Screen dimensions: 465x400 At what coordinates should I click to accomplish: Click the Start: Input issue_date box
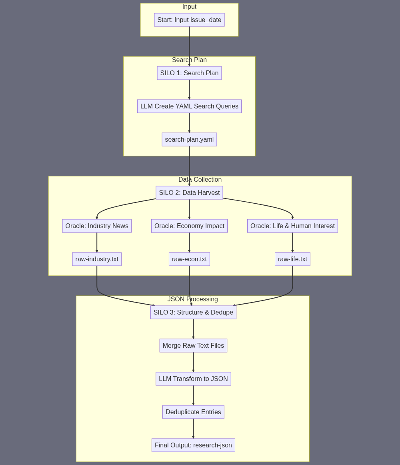click(x=189, y=20)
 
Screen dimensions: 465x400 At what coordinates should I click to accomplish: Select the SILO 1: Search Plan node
click(x=189, y=73)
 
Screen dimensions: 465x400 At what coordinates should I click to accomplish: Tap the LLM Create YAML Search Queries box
click(x=189, y=106)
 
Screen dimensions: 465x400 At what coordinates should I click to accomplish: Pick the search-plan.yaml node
click(x=189, y=139)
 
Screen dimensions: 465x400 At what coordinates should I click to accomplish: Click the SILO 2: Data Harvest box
click(x=189, y=192)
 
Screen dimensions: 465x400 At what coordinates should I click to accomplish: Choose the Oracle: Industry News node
click(x=97, y=226)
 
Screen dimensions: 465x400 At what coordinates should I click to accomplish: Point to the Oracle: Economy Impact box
click(x=189, y=226)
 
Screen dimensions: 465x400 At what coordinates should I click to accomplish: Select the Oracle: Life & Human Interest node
click(x=292, y=226)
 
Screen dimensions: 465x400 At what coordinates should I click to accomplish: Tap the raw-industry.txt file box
click(x=97, y=259)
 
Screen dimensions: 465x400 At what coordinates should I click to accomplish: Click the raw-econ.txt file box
click(x=189, y=259)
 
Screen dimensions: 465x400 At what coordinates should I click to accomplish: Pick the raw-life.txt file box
click(x=292, y=259)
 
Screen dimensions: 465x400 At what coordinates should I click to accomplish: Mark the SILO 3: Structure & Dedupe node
click(x=193, y=312)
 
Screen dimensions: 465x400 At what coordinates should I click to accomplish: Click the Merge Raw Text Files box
click(x=193, y=345)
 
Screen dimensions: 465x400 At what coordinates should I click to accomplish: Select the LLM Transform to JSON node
click(x=193, y=379)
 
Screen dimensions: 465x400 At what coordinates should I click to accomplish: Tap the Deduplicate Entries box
click(x=193, y=412)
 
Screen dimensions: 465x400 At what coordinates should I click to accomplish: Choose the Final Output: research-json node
click(x=193, y=445)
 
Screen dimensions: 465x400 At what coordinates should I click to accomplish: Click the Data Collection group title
click(x=200, y=180)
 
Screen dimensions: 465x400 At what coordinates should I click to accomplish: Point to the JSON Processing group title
click(x=193, y=299)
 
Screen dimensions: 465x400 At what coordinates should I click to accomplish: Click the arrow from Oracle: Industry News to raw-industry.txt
click(x=97, y=243)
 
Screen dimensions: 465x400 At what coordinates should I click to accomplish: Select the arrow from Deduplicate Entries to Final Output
click(x=193, y=429)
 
